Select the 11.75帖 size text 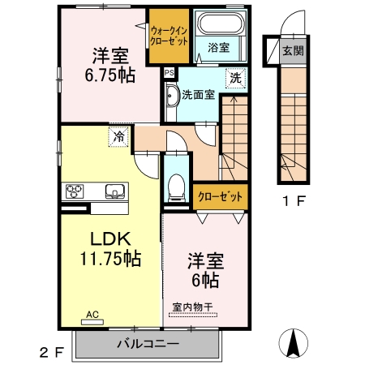point(110,260)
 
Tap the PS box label point(169,72)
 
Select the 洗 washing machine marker point(234,79)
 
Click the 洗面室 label point(198,94)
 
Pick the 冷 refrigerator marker point(119,137)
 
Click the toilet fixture point(175,187)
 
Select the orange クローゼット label point(219,195)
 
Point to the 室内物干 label point(193,307)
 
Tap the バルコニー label point(148,344)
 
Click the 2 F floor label point(51,352)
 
